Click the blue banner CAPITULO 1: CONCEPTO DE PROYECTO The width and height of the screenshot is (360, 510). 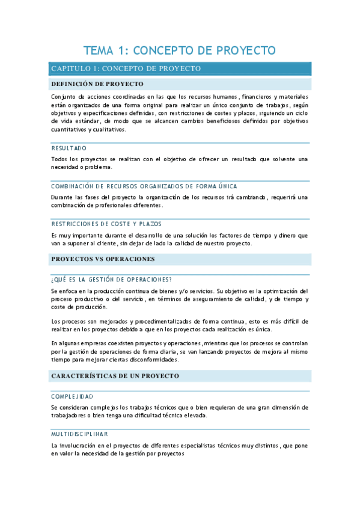coord(126,69)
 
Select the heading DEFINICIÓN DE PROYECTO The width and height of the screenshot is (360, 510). coord(97,84)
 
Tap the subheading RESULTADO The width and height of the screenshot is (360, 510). coord(69,147)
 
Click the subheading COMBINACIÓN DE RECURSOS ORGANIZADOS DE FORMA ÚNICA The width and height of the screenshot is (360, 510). coord(144,186)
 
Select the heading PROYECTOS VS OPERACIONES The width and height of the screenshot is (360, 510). coord(103,259)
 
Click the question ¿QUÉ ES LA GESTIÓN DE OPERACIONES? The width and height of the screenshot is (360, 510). coord(112,279)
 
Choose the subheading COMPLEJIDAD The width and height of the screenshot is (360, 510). coord(72,396)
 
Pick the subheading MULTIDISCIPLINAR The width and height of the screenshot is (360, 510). coord(80,434)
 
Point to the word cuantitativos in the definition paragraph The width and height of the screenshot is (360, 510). coord(69,129)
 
